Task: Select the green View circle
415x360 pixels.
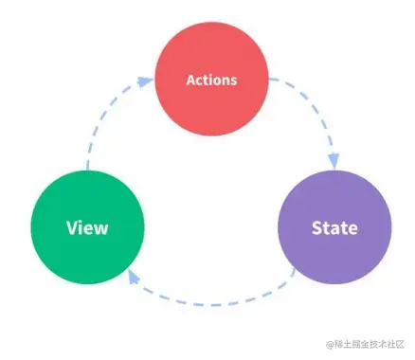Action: click(x=87, y=227)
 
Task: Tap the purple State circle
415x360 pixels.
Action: click(x=334, y=227)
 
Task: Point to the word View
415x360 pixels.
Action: click(x=87, y=228)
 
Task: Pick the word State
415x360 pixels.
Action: click(x=334, y=228)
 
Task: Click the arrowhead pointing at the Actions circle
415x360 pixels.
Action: click(x=144, y=81)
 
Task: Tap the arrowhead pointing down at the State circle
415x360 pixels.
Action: click(x=334, y=162)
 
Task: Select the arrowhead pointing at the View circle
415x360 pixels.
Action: click(x=132, y=278)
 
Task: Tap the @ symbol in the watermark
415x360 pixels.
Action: click(x=332, y=346)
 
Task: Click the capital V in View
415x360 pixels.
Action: click(x=71, y=228)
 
